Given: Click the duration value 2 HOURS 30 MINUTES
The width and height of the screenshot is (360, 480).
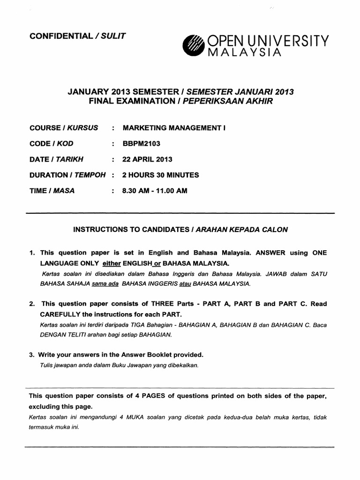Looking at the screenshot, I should [x=160, y=175].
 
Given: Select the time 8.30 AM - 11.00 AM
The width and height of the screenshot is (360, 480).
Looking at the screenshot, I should [x=155, y=191].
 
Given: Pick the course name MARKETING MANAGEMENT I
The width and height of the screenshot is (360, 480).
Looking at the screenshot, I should [x=174, y=127].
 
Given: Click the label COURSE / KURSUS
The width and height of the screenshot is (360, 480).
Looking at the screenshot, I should [x=64, y=127].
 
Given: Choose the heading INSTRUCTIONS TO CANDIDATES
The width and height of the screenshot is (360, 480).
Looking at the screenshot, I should [x=132, y=230].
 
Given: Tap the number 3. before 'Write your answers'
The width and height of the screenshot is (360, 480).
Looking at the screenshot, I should [x=31, y=355].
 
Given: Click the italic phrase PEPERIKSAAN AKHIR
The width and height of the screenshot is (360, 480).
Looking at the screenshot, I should [x=229, y=100].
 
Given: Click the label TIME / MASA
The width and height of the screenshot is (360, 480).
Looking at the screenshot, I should [x=52, y=191].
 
